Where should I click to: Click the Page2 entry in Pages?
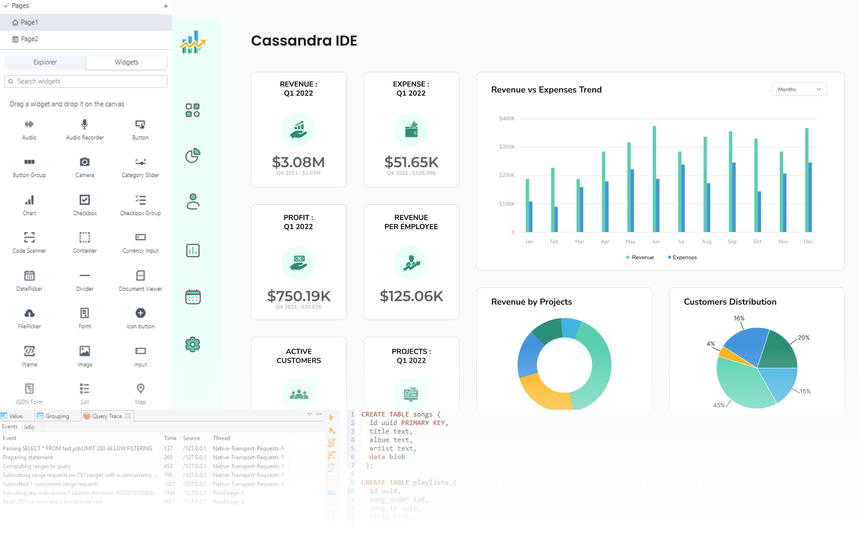pyautogui.click(x=29, y=39)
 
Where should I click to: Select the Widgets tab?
pyautogui.click(x=126, y=62)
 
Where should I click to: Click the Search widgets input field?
pyautogui.click(x=87, y=81)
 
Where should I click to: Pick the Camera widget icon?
pyautogui.click(x=85, y=162)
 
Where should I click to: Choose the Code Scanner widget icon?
pyautogui.click(x=29, y=237)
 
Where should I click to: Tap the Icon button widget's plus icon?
pyautogui.click(x=140, y=313)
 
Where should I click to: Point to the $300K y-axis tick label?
pyautogui.click(x=506, y=147)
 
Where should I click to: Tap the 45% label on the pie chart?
pyautogui.click(x=719, y=405)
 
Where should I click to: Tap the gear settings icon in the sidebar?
pyautogui.click(x=192, y=344)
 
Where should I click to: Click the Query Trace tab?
pyautogui.click(x=107, y=416)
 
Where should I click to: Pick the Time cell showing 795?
pyautogui.click(x=168, y=475)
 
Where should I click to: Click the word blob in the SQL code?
pyautogui.click(x=397, y=457)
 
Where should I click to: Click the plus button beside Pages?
pyautogui.click(x=165, y=6)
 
